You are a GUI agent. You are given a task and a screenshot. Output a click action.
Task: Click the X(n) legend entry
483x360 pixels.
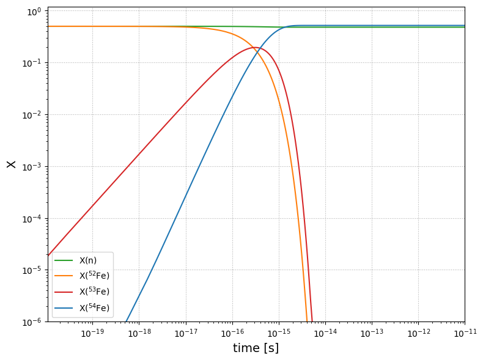[75, 260]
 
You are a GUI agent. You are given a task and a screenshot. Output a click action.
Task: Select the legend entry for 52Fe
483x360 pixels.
[82, 275]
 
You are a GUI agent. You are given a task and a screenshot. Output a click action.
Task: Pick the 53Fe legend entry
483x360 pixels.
[82, 292]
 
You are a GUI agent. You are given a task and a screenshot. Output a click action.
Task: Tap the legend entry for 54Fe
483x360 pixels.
[82, 307]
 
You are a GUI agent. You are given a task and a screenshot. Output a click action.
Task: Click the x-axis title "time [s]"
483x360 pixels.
[256, 348]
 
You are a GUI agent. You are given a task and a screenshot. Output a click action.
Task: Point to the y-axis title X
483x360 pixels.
[11, 164]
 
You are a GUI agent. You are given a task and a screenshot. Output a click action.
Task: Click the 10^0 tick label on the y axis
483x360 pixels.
[34, 12]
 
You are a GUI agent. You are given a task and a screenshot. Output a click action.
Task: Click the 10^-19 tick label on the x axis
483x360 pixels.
[92, 333]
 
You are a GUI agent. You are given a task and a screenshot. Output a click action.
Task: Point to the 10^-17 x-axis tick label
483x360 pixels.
[186, 333]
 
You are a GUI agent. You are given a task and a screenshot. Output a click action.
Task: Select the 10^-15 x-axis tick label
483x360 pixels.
[279, 333]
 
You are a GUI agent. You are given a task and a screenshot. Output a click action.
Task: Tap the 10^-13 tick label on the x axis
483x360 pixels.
[372, 333]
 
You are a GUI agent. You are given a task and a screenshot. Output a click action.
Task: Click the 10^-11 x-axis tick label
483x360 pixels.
[465, 333]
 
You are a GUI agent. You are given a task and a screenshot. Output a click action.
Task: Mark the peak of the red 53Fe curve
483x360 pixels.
[255, 47]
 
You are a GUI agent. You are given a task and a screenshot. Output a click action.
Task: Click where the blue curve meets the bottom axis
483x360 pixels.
[127, 321]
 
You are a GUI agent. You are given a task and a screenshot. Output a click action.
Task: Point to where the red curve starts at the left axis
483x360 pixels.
[48, 255]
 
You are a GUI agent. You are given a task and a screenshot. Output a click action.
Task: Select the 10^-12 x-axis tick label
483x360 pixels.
[418, 333]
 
